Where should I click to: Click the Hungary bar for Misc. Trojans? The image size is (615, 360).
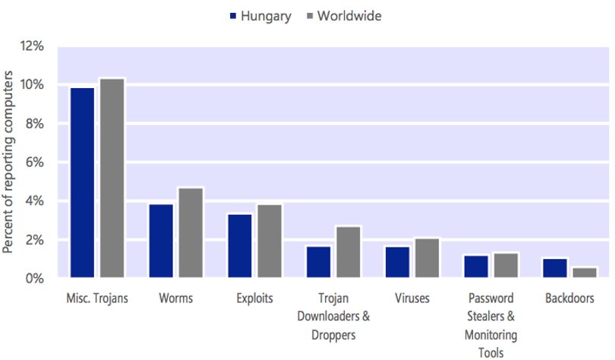pyautogui.click(x=82, y=183)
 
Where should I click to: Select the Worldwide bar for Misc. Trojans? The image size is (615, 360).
pyautogui.click(x=112, y=178)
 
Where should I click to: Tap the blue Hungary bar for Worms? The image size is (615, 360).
pyautogui.click(x=161, y=241)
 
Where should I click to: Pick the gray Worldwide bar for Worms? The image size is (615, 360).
pyautogui.click(x=191, y=233)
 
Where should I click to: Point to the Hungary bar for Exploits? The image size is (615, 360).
pyautogui.click(x=240, y=246)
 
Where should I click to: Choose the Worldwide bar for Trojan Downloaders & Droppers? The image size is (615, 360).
pyautogui.click(x=348, y=252)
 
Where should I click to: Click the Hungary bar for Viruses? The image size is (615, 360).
pyautogui.click(x=397, y=262)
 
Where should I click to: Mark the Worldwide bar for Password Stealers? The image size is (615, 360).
pyautogui.click(x=506, y=266)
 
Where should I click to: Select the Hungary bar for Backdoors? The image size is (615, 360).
pyautogui.click(x=555, y=268)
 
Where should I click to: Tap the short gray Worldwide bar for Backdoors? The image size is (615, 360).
pyautogui.click(x=585, y=273)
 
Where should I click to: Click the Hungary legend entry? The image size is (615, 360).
pyautogui.click(x=260, y=16)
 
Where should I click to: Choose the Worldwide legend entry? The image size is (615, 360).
pyautogui.click(x=345, y=16)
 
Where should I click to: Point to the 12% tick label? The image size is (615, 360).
pyautogui.click(x=32, y=46)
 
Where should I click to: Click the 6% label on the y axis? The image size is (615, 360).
pyautogui.click(x=35, y=162)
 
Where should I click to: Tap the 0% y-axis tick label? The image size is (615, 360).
pyautogui.click(x=35, y=279)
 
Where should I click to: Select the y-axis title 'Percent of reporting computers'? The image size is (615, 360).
pyautogui.click(x=8, y=162)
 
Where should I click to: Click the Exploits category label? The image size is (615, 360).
pyautogui.click(x=254, y=298)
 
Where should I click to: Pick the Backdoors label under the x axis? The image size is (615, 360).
pyautogui.click(x=569, y=298)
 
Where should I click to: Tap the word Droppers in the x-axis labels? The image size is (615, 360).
pyautogui.click(x=333, y=335)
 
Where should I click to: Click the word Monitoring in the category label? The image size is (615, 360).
pyautogui.click(x=490, y=335)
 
